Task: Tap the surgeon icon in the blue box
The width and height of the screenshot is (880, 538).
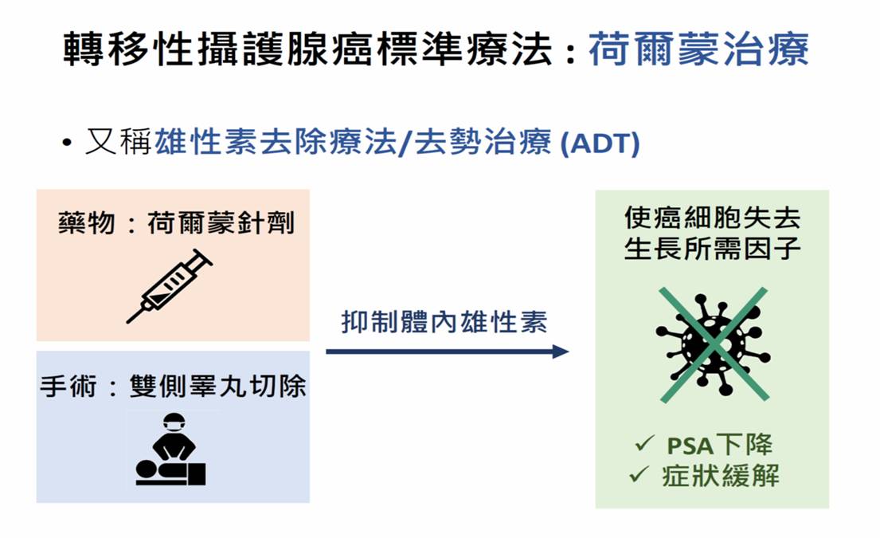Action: pos(170,450)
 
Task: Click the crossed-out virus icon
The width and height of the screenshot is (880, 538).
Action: pos(713,344)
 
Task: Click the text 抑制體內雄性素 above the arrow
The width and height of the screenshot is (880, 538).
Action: pos(444,322)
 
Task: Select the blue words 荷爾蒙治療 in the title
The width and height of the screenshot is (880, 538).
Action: pos(698,49)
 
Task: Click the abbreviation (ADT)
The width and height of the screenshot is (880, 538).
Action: pos(600,143)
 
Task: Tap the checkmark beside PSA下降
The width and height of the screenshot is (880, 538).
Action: pos(644,443)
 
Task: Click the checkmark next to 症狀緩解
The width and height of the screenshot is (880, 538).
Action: pos(639,474)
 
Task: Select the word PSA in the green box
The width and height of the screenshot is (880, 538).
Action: pos(690,446)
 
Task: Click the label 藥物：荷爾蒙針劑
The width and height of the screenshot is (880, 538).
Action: pos(176,223)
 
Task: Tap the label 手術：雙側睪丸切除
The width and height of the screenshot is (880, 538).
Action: pos(173,387)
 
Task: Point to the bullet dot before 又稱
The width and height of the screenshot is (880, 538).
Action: pos(68,143)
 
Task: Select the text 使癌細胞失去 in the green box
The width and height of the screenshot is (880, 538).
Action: pos(713,218)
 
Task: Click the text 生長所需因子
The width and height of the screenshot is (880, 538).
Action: pos(713,249)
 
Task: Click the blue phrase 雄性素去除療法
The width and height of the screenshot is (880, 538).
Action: pos(275,142)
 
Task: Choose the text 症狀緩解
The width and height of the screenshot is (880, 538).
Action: pos(722,476)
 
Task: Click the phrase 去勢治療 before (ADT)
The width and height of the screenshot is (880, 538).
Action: pos(483,142)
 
